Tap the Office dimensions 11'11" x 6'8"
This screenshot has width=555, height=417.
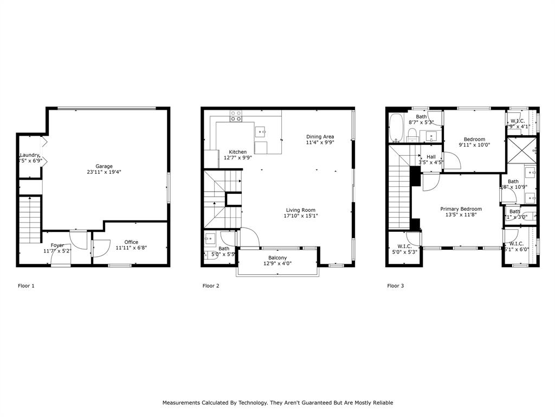tap(131, 248)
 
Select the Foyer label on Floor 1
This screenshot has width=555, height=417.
tap(57, 245)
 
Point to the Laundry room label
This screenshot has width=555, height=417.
tap(30, 155)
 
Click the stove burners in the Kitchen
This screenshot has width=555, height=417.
tap(236, 116)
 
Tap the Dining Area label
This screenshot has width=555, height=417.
tap(320, 137)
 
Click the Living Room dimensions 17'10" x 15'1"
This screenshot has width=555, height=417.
tap(301, 216)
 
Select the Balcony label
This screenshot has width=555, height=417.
tap(277, 258)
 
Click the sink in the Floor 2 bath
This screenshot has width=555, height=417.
tap(210, 237)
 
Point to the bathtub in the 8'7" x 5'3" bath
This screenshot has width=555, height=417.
tap(396, 128)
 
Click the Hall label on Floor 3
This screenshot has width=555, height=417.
tap(431, 157)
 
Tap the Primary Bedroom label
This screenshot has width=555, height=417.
tap(461, 209)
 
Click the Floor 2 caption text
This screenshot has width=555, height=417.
tap(211, 286)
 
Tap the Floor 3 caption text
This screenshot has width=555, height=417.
tap(395, 286)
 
